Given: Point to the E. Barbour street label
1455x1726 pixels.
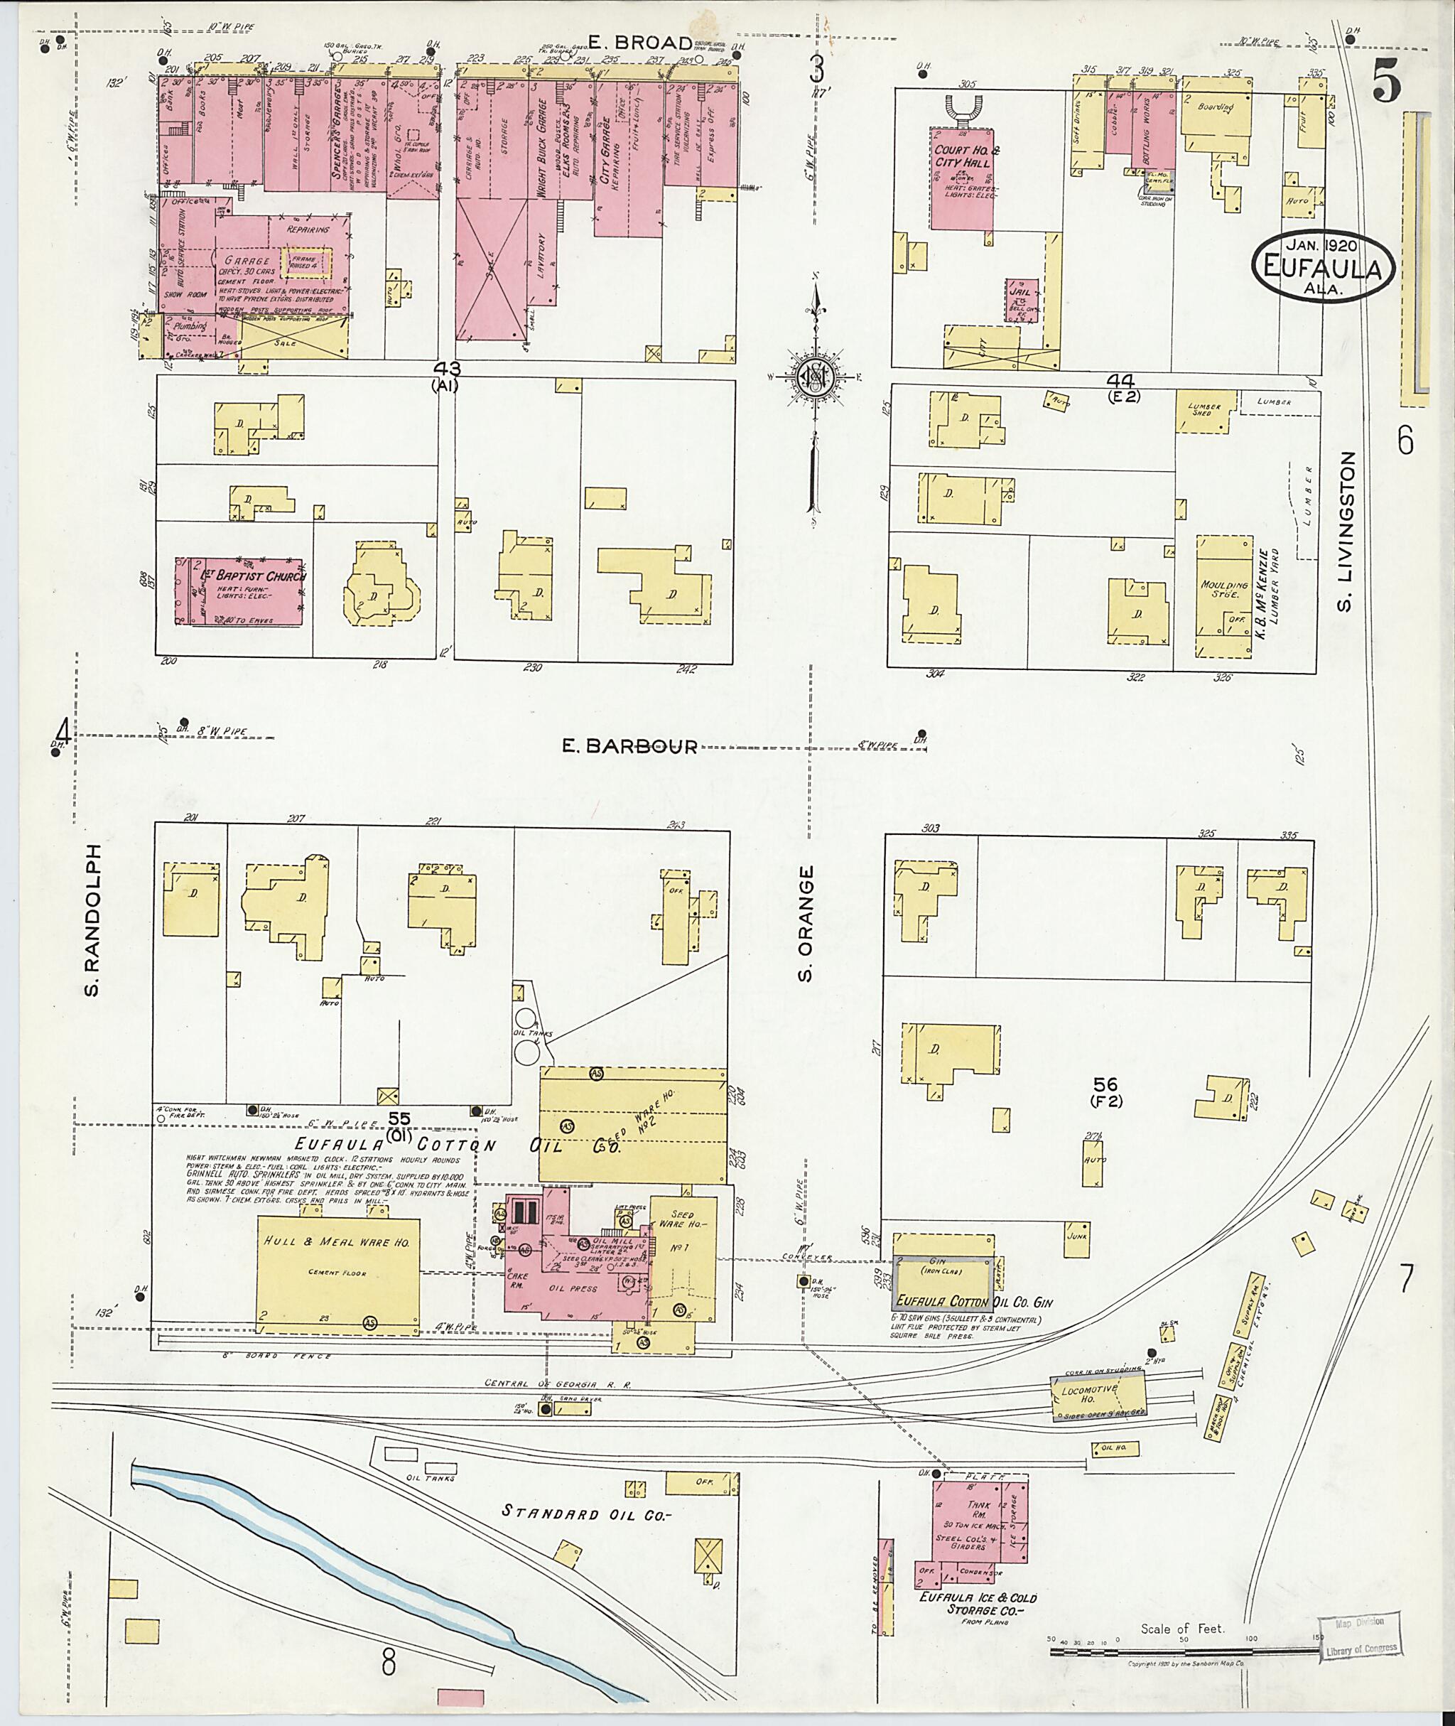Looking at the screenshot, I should pos(629,747).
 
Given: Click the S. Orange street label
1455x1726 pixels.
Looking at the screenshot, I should pos(806,924).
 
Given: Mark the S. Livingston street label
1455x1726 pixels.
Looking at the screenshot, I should pos(1346,532).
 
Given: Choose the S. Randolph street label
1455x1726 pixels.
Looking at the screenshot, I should pos(92,919).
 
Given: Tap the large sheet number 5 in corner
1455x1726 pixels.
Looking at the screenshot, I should pos(1385,82).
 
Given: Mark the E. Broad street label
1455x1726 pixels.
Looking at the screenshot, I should pos(639,43).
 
